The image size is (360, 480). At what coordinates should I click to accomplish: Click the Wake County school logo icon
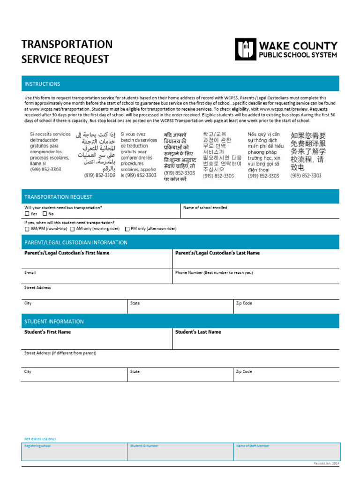[x=246, y=50]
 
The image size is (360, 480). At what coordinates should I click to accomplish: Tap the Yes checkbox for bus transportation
[x=27, y=214]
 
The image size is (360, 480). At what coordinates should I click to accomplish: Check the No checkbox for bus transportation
[x=45, y=214]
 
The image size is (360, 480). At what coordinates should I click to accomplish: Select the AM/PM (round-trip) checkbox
[x=27, y=229]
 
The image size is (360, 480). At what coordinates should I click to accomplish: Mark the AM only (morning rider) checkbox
[x=73, y=229]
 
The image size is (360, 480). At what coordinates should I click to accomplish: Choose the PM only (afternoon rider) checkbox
[x=127, y=229]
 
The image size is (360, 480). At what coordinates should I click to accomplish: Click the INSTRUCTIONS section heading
[x=42, y=84]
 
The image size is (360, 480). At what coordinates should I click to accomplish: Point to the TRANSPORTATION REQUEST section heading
[x=58, y=197]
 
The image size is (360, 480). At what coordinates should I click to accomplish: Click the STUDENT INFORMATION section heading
[x=54, y=322]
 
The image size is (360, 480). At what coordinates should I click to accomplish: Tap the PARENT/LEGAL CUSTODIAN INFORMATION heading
[x=75, y=242]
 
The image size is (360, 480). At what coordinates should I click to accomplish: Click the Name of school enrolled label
[x=205, y=207]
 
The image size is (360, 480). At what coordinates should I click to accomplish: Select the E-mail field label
[x=30, y=272]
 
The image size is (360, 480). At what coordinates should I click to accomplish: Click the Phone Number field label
[x=214, y=272]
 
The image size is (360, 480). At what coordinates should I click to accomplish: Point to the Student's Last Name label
[x=198, y=332]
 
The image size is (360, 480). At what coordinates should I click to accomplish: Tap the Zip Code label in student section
[x=244, y=371]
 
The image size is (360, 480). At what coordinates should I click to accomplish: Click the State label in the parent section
[x=135, y=303]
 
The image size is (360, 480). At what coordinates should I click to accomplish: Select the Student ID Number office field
[x=144, y=446]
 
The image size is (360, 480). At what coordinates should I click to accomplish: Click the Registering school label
[x=37, y=446]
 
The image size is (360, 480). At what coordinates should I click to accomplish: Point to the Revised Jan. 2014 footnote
[x=326, y=463]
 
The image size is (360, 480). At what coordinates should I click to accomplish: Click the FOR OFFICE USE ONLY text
[x=40, y=439]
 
